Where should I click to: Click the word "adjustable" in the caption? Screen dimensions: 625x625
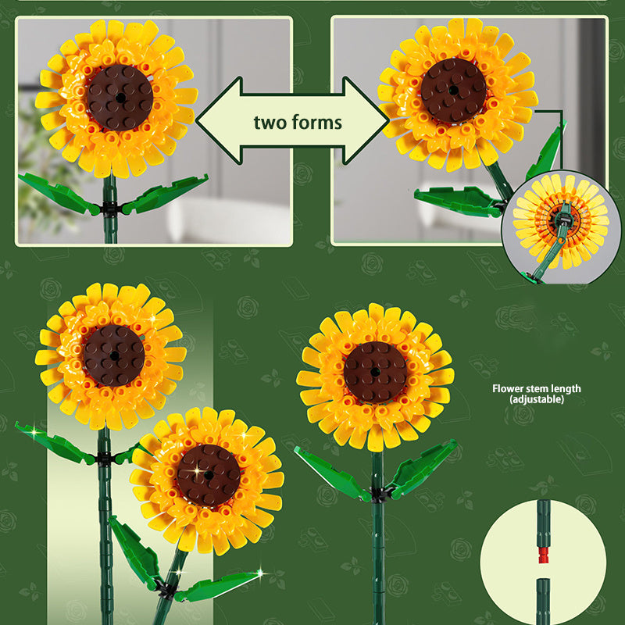(x=536, y=399)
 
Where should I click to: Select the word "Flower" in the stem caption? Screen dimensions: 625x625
(x=509, y=388)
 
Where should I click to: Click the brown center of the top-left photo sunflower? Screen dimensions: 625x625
(x=120, y=97)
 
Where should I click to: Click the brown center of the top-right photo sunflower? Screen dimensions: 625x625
(x=453, y=91)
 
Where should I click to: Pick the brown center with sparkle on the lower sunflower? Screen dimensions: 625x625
(x=207, y=475)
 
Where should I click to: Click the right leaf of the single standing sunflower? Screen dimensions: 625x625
(x=423, y=469)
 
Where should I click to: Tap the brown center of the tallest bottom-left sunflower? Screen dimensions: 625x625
(x=113, y=355)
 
